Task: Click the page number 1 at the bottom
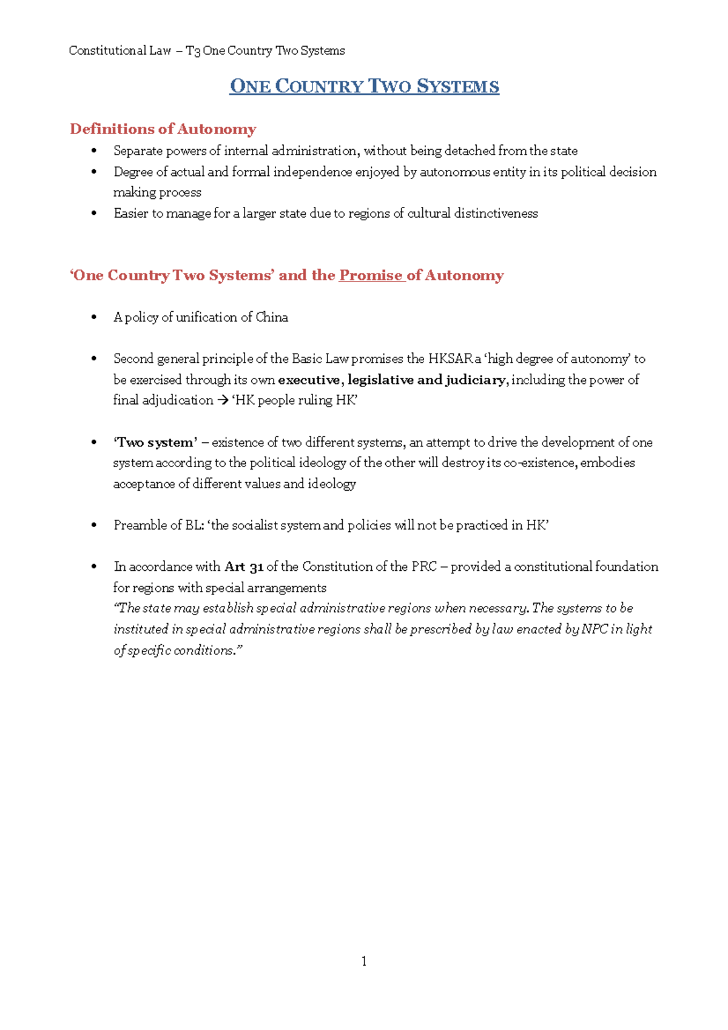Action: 363,961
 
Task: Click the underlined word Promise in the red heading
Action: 371,275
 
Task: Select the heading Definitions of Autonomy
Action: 163,129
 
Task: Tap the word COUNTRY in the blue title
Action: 319,87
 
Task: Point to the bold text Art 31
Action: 244,567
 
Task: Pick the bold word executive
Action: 309,380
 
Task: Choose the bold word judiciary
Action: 475,380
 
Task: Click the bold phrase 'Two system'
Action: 155,442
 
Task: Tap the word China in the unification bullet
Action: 272,317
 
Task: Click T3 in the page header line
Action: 193,51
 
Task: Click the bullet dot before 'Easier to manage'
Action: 93,213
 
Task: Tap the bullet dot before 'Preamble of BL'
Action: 93,525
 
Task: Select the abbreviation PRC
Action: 424,567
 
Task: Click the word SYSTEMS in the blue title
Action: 458,87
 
